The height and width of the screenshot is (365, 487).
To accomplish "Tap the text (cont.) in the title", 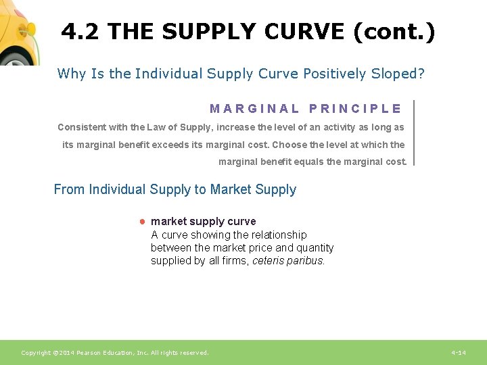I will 394,31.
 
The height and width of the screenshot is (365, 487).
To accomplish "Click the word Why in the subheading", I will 72,74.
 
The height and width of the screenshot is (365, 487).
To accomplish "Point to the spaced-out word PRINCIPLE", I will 355,108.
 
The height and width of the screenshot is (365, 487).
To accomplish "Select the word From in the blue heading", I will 69,189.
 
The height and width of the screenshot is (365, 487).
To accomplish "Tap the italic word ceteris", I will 268,261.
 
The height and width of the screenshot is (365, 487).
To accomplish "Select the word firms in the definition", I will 234,261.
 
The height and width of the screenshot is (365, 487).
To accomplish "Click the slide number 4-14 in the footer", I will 459,353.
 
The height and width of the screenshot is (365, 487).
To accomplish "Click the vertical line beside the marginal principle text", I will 413,132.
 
